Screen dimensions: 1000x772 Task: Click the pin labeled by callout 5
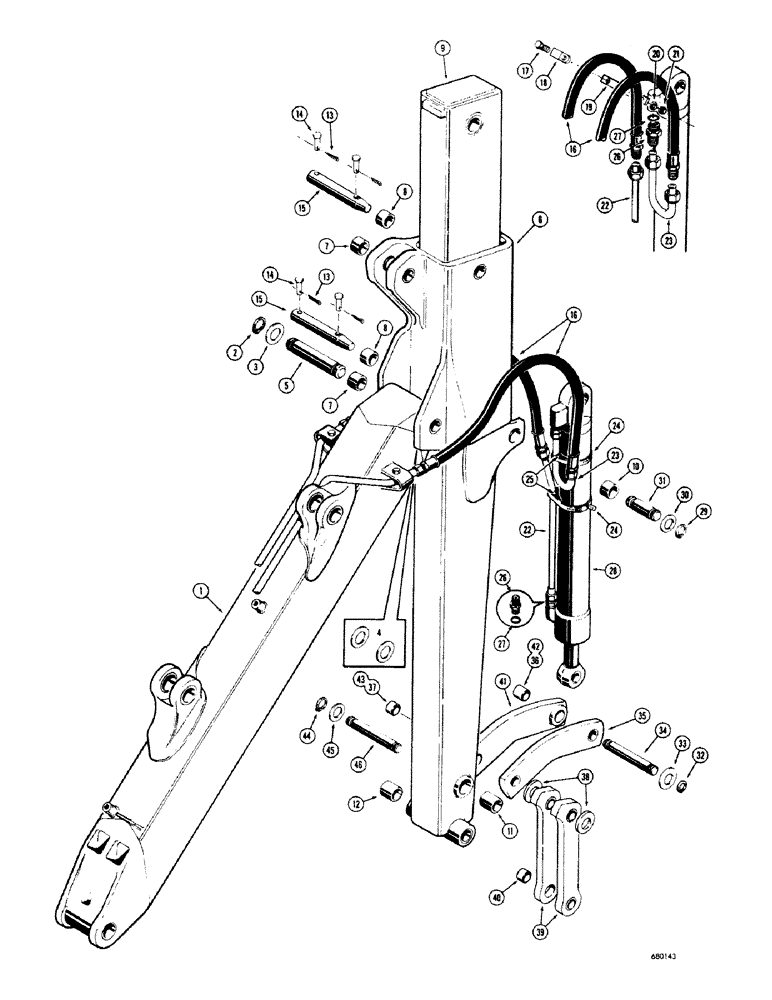tap(317, 355)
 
